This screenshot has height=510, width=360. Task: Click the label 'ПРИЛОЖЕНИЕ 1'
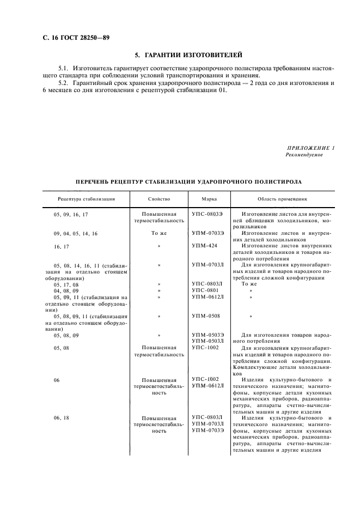tap(310, 148)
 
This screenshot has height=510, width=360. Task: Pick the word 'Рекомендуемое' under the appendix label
tap(304, 155)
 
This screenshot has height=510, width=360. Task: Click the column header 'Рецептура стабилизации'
tap(86, 199)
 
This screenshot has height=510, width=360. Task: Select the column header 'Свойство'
tap(158, 199)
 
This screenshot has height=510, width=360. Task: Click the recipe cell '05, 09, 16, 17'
tap(71, 215)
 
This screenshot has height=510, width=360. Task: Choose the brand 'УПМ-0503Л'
tap(208, 341)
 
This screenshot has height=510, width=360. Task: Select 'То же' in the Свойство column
tap(159, 233)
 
